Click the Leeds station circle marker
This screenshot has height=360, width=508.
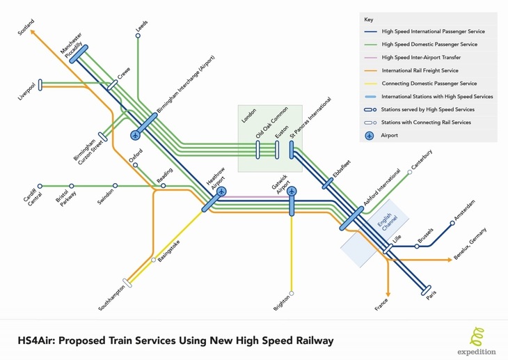(x=138, y=36)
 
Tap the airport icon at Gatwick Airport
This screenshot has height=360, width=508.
(x=292, y=191)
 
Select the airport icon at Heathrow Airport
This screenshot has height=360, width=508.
(x=221, y=191)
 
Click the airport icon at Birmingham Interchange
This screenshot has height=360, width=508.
(x=136, y=135)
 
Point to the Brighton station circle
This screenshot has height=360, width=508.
(x=292, y=294)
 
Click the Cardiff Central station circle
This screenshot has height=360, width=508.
(x=40, y=186)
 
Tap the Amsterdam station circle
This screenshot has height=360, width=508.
(x=452, y=223)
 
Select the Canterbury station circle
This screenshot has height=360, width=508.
(x=410, y=172)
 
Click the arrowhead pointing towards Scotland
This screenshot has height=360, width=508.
(x=32, y=32)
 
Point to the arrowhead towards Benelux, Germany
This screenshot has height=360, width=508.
(x=450, y=260)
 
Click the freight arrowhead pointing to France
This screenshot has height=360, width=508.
(x=388, y=294)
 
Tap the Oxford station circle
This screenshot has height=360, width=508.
(x=136, y=165)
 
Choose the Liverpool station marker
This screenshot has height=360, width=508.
(x=40, y=85)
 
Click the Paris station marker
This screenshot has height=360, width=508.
(x=426, y=290)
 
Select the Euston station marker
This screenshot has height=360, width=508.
(x=277, y=150)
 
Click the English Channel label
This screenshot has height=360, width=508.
(x=387, y=222)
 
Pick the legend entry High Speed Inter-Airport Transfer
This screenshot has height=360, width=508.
(x=421, y=57)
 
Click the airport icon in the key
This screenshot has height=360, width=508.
(x=370, y=136)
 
